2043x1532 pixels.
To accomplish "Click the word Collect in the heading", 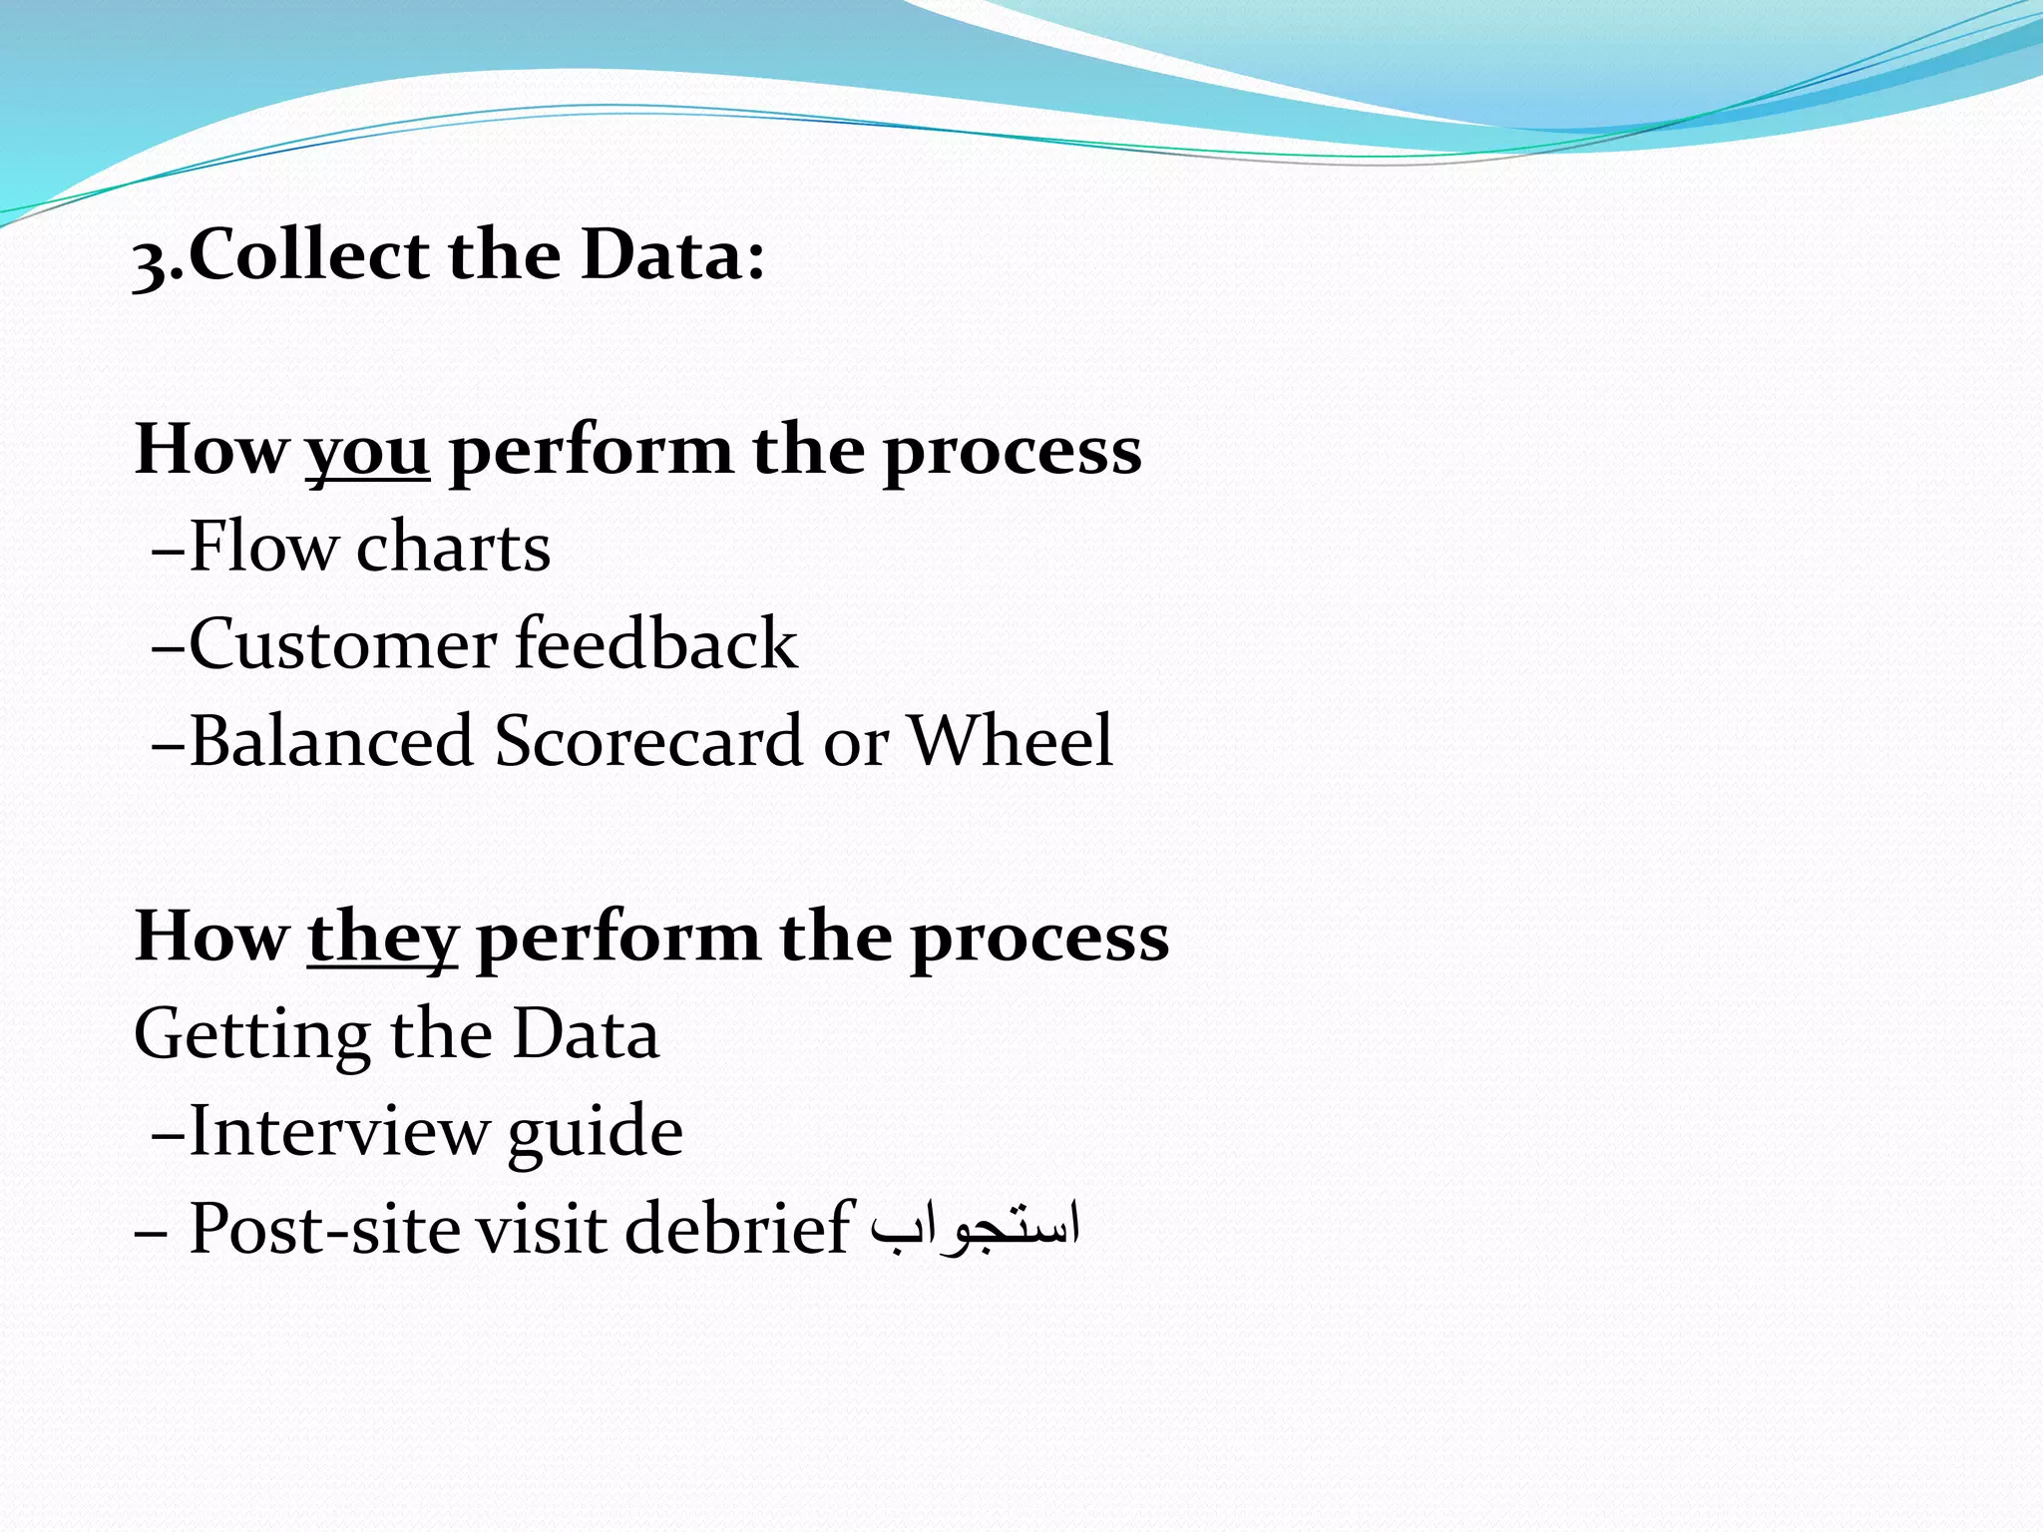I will click(308, 254).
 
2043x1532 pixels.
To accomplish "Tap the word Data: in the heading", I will click(673, 254).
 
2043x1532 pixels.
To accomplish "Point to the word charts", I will click(454, 547).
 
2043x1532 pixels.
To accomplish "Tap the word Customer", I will click(342, 643).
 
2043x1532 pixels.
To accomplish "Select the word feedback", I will click(656, 643).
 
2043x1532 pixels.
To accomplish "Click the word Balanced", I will click(331, 741).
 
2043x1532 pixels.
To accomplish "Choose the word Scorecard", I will click(648, 741).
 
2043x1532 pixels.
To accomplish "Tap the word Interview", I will click(339, 1131).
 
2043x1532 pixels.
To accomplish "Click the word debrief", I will click(739, 1228).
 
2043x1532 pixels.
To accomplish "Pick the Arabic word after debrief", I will click(975, 1228).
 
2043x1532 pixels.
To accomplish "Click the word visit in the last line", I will click(540, 1228).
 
